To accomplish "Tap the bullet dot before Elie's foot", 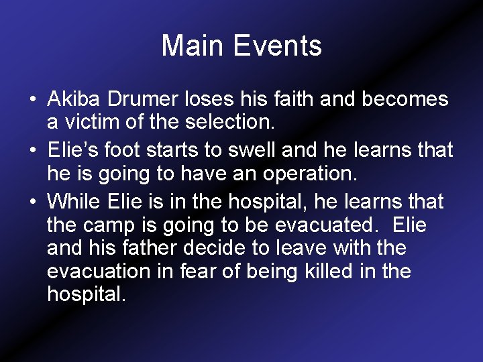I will coord(32,150).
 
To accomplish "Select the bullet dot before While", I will coord(32,200).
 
